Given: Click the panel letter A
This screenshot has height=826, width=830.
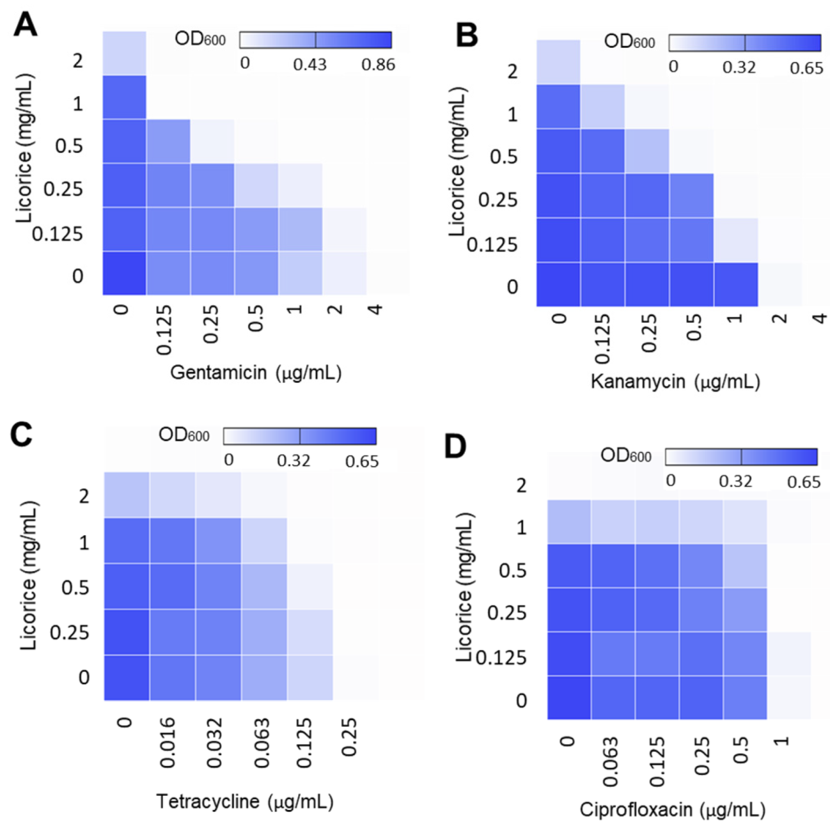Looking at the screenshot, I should [x=25, y=25].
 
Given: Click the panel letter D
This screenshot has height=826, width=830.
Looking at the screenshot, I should [x=455, y=447].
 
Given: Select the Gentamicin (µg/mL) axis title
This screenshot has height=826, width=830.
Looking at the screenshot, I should [x=256, y=372].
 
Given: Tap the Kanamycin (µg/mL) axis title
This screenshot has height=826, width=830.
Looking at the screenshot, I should [x=675, y=382].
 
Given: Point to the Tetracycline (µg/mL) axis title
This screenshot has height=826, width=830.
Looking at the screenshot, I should [x=244, y=801].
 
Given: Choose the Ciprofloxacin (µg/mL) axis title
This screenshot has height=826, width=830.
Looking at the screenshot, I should [x=672, y=809].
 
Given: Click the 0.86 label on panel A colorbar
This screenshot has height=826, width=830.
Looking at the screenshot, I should [x=378, y=64].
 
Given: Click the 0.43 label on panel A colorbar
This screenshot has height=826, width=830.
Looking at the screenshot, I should [x=309, y=64].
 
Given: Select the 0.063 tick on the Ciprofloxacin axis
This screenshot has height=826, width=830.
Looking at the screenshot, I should [x=610, y=761].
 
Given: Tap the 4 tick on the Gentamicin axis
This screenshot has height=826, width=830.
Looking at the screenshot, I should [x=375, y=310].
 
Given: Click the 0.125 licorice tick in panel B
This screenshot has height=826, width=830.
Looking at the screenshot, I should [x=492, y=244].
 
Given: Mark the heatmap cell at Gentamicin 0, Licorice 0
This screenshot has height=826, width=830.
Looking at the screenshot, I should [x=125, y=273].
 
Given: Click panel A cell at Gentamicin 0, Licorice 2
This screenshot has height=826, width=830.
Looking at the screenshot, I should [x=125, y=53].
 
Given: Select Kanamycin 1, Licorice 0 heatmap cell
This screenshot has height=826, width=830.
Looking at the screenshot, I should [x=736, y=284].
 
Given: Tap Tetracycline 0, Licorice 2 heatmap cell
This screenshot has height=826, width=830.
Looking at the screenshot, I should [x=126, y=495].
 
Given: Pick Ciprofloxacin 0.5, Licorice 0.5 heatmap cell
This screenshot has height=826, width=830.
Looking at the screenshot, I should [x=744, y=565].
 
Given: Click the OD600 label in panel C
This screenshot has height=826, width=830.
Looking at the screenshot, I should [x=184, y=435].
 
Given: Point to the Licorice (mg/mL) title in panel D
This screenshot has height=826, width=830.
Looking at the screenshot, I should [x=465, y=587].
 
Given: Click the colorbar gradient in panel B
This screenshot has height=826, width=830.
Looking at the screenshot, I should [x=744, y=43].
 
